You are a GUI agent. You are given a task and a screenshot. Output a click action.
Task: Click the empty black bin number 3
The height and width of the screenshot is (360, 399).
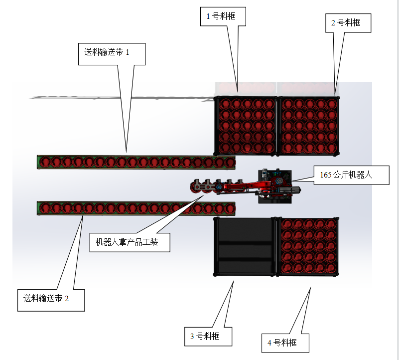(244, 247)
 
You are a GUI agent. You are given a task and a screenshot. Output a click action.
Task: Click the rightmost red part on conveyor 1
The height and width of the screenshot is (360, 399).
(229, 163)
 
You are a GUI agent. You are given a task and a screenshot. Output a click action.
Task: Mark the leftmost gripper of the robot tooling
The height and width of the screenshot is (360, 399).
(195, 187)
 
